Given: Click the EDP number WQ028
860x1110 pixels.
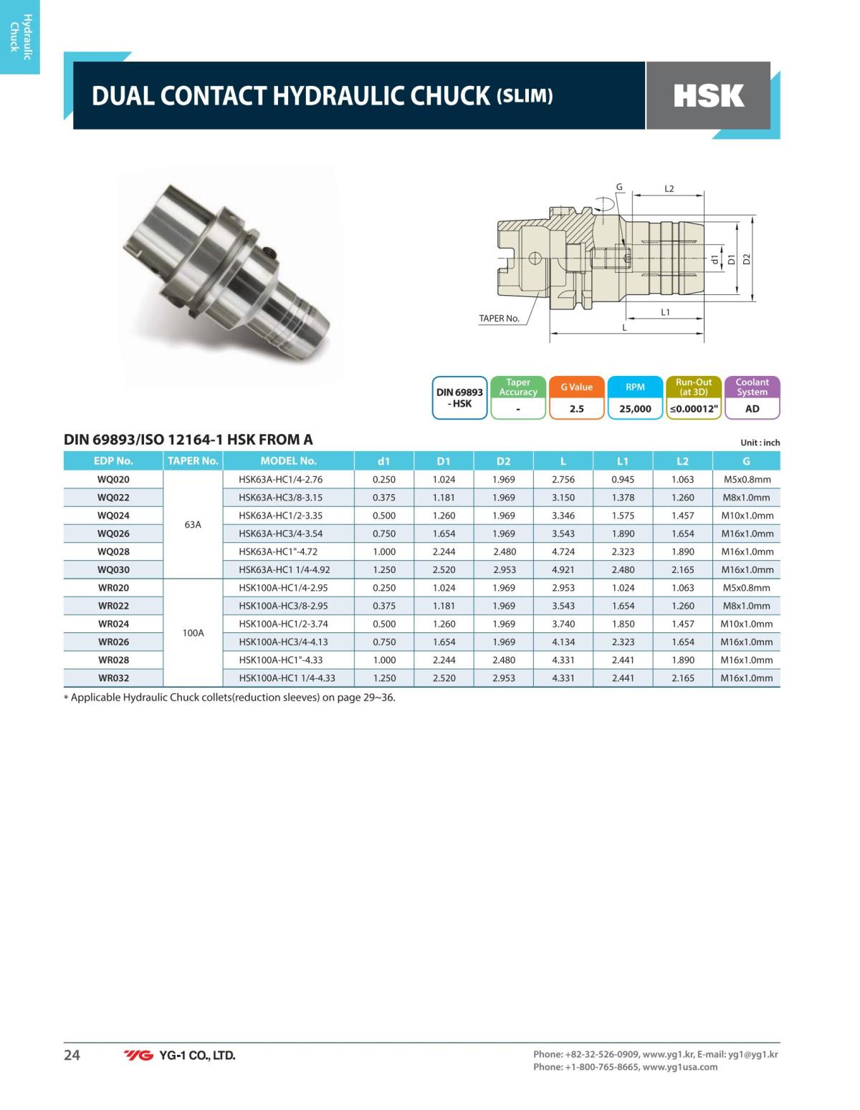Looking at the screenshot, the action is pyautogui.click(x=113, y=551).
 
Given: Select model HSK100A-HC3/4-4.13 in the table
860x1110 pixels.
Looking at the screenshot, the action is pyautogui.click(x=283, y=642).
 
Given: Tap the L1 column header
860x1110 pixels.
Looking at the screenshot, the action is pyautogui.click(x=622, y=460).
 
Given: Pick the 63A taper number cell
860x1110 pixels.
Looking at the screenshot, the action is pyautogui.click(x=193, y=525).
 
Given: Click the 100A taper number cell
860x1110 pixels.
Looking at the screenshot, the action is pyautogui.click(x=193, y=633).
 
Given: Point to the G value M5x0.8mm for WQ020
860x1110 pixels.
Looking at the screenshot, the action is pyautogui.click(x=746, y=479).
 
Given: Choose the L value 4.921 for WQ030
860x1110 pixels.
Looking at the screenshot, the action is pyautogui.click(x=563, y=569).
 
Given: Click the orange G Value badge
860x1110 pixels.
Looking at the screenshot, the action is pyautogui.click(x=576, y=397).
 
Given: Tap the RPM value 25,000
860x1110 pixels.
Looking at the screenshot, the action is pyautogui.click(x=635, y=409).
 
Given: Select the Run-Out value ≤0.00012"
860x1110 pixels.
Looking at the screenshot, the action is pyautogui.click(x=694, y=409).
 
